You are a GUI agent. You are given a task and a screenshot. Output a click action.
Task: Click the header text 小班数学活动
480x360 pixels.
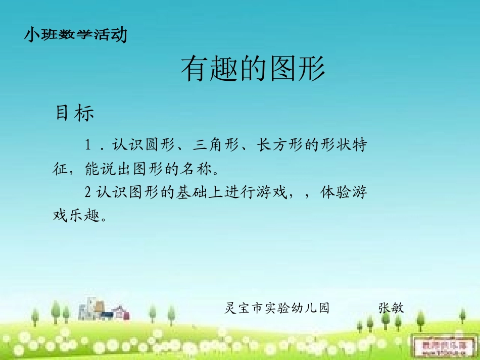point(75,35)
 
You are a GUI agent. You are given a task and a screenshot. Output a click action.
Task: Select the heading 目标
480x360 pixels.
point(75,114)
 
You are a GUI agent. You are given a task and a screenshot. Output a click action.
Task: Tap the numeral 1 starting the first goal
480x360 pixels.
point(88,145)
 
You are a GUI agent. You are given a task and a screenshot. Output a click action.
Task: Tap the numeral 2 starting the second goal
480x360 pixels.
point(88,192)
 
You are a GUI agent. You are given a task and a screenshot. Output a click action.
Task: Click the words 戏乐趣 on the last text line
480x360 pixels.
point(76,216)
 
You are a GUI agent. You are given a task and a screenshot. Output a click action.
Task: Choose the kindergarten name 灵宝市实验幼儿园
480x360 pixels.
point(277,307)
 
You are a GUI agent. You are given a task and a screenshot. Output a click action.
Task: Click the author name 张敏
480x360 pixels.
point(391,307)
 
